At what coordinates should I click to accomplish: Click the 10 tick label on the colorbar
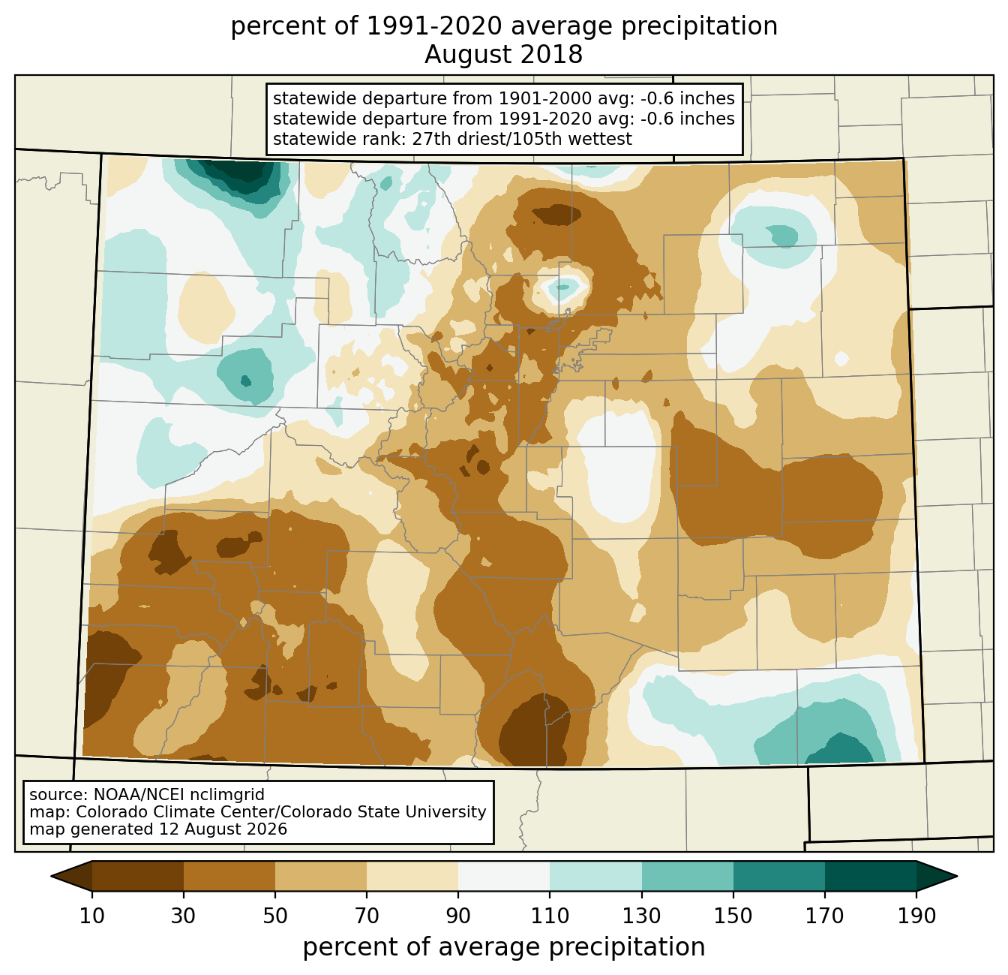(91, 916)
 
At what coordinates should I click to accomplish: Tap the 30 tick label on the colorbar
(183, 916)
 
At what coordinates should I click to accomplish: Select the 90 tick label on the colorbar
(458, 916)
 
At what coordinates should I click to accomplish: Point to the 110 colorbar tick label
(550, 916)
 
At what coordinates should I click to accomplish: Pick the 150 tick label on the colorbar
(733, 916)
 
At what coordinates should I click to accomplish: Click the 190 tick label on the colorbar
(916, 916)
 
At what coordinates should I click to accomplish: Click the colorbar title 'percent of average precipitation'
(504, 947)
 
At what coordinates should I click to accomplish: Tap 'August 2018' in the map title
(503, 55)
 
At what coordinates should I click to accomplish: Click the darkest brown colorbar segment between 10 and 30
(138, 876)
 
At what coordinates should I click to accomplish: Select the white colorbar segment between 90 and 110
(504, 876)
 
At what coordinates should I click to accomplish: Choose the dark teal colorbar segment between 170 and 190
(870, 876)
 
